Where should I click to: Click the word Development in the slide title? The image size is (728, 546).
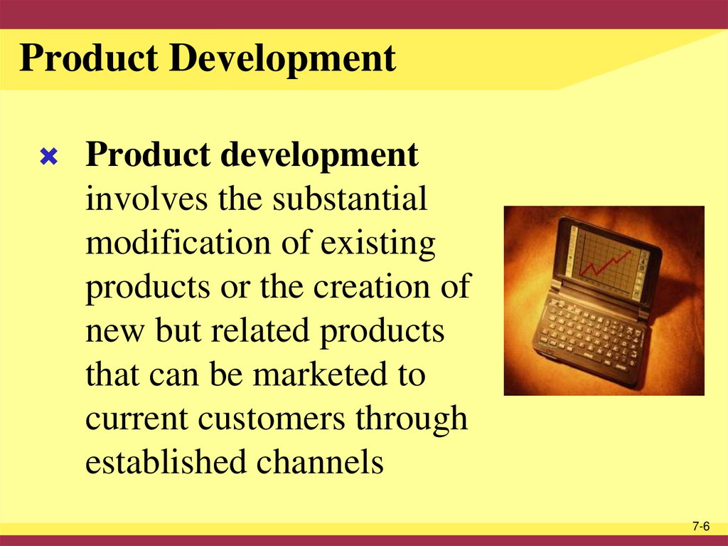click(x=284, y=58)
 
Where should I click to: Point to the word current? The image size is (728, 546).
click(x=136, y=419)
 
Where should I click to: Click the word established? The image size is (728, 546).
click(x=165, y=463)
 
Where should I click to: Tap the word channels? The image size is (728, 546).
click(x=320, y=463)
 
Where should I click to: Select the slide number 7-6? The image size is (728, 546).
click(x=701, y=527)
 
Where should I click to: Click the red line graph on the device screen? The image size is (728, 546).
click(x=606, y=262)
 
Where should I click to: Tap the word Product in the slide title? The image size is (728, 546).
click(x=90, y=58)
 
